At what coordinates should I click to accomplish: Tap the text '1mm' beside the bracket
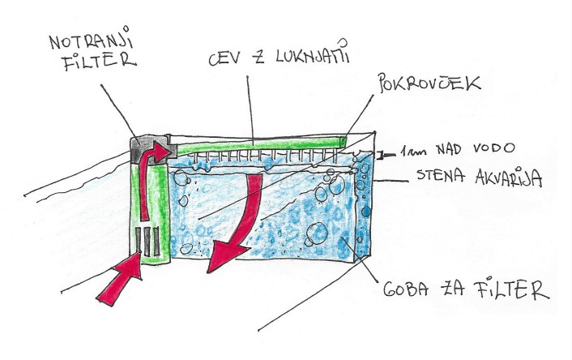412,151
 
